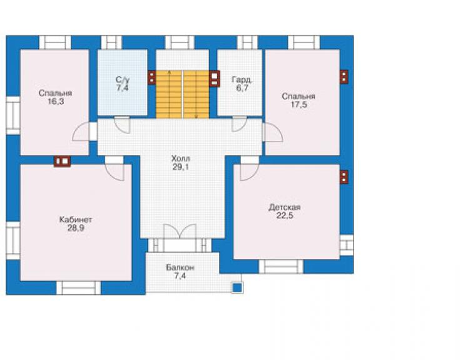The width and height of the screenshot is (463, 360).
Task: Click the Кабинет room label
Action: click(x=76, y=220)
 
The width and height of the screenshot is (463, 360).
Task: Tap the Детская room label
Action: click(x=285, y=207)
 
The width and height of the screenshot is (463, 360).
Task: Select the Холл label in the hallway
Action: click(x=181, y=159)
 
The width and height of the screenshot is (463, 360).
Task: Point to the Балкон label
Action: click(x=180, y=268)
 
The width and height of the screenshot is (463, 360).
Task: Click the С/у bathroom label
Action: click(x=122, y=80)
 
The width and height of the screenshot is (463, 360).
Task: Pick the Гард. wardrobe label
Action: click(x=242, y=80)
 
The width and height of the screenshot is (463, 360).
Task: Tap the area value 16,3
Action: click(x=56, y=101)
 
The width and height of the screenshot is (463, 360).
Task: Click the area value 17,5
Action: click(x=298, y=105)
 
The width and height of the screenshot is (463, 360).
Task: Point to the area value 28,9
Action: click(x=76, y=228)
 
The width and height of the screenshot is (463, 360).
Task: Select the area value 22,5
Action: click(x=285, y=215)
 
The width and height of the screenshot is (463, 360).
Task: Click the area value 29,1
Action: click(x=181, y=167)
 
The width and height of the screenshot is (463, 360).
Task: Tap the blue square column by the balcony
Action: click(x=237, y=287)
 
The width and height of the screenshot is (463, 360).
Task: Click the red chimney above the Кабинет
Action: click(x=63, y=162)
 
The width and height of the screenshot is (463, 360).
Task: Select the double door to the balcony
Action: click(x=180, y=231)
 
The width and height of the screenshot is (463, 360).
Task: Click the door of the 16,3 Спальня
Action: click(x=81, y=131)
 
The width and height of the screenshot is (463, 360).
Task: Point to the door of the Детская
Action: click(x=250, y=172)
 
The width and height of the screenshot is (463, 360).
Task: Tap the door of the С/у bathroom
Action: click(x=122, y=125)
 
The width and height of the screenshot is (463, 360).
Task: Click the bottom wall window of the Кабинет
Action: click(x=79, y=288)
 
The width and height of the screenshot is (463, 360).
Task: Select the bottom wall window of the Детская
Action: click(x=281, y=267)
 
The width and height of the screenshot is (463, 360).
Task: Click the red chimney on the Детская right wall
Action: click(x=344, y=177)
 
